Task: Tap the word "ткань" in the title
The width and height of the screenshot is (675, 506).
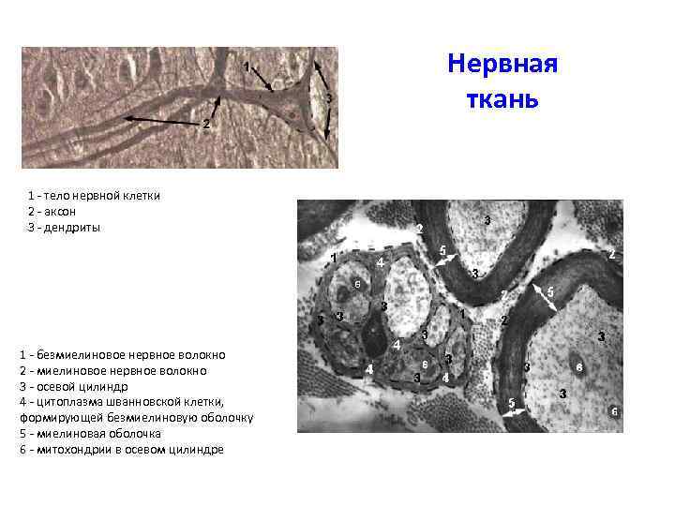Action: pyautogui.click(x=503, y=97)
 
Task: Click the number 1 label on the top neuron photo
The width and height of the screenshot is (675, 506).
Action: pyautogui.click(x=246, y=67)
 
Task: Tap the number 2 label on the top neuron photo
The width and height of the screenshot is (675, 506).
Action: pyautogui.click(x=205, y=125)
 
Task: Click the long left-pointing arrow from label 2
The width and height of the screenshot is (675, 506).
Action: pyautogui.click(x=159, y=120)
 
